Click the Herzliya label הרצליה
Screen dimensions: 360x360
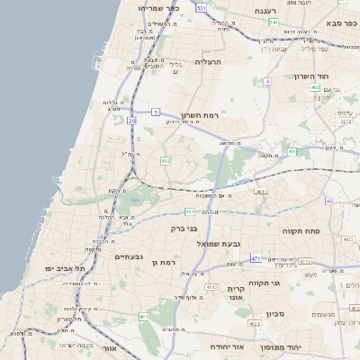[x=208, y=62]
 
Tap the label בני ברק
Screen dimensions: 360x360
[x=184, y=229]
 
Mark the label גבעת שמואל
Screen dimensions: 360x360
[x=241, y=244]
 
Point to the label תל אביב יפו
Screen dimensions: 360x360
[x=67, y=268]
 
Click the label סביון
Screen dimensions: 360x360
[x=275, y=314]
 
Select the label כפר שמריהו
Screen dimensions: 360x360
[x=160, y=7]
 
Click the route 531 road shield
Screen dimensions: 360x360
[x=201, y=8]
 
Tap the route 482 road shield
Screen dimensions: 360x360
[x=166, y=160]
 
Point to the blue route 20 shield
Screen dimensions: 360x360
[x=131, y=119]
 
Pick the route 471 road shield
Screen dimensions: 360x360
[x=256, y=258]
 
